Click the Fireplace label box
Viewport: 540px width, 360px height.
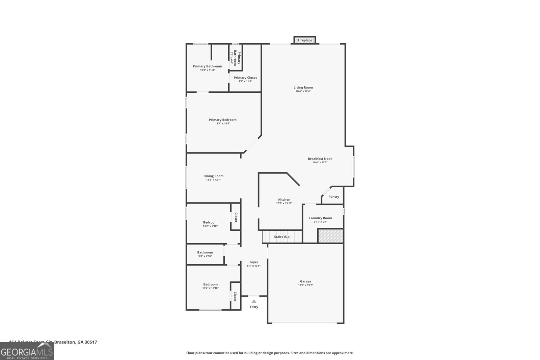pos(305,40)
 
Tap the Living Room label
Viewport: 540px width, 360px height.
pos(303,87)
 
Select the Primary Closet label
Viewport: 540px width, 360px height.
pos(245,78)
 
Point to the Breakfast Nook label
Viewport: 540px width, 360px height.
pos(320,159)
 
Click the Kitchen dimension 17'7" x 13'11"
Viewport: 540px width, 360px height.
pos(284,203)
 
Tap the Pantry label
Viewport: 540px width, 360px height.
pos(333,197)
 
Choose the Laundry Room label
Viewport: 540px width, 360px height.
pos(320,218)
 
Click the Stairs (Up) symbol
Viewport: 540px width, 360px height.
pos(282,237)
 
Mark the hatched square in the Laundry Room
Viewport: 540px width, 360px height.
pos(330,236)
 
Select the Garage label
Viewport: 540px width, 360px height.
pos(305,281)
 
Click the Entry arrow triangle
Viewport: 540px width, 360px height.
pos(254,301)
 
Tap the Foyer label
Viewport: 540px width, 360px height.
pos(253,262)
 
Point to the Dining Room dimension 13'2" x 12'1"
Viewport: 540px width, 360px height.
pos(213,180)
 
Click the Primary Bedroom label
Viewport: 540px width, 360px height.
pos(222,120)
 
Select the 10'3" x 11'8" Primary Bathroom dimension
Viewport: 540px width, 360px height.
pos(207,70)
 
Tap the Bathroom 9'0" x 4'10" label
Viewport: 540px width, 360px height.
pos(205,252)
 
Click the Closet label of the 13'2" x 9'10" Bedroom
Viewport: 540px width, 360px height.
pos(236,217)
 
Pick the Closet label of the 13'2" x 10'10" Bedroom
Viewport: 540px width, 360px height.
pos(235,297)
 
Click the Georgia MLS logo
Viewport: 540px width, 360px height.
pos(27,352)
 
